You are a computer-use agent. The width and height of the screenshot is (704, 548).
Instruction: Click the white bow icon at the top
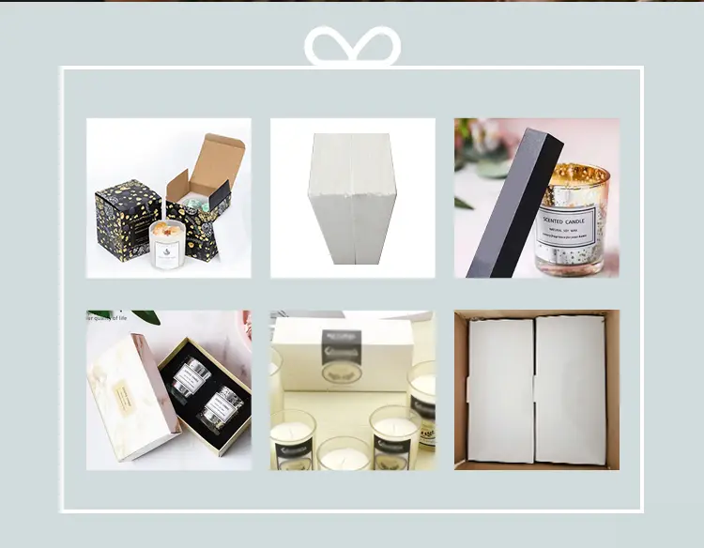pos(352,47)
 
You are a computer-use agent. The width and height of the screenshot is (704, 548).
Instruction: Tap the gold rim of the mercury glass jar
pos(574,173)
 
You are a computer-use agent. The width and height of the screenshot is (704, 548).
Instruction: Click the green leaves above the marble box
pos(122,316)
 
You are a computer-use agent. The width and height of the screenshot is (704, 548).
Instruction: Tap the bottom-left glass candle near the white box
pos(293,439)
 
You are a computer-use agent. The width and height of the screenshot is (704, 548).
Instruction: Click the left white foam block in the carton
pos(500,388)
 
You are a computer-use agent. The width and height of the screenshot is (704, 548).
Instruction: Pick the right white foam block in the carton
pos(571,388)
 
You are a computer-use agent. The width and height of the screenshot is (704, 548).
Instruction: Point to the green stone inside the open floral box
pos(195,199)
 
